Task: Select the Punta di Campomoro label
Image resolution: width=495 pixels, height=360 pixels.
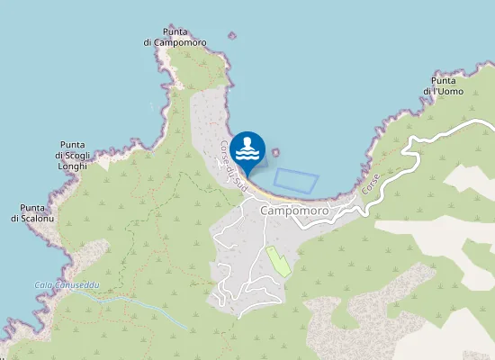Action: coord(175,36)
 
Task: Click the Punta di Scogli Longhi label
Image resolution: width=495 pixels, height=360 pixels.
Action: coord(72,156)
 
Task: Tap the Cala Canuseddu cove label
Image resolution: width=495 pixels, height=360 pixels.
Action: coord(67,285)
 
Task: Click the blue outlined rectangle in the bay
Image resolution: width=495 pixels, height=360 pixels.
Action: coord(296,178)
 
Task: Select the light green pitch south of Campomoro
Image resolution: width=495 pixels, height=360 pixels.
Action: coord(278,260)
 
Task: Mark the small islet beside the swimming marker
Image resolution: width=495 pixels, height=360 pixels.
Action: coord(275,152)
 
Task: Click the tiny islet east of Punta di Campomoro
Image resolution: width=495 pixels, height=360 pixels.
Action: coord(231,36)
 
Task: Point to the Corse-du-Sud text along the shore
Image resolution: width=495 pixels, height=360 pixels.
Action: coord(233,165)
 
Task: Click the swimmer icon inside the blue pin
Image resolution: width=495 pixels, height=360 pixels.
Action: coord(247,147)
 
